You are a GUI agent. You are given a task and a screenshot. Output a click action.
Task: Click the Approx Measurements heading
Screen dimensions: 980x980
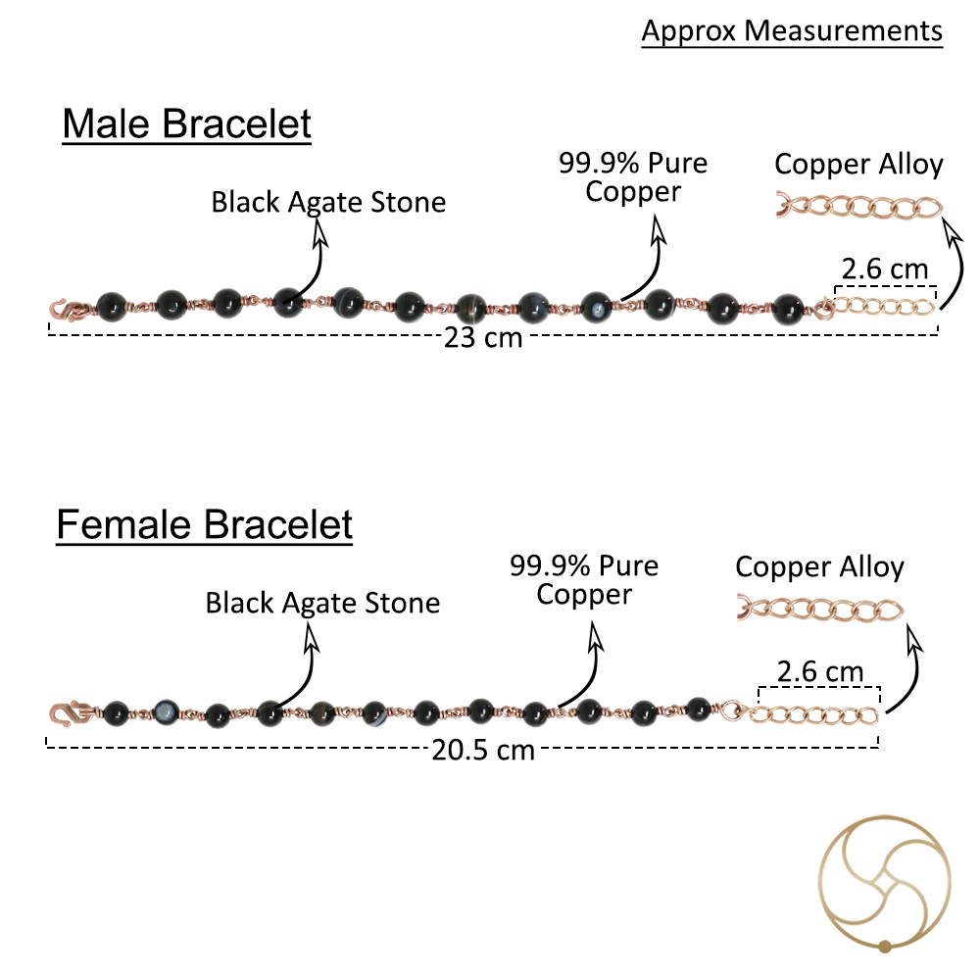point(792,31)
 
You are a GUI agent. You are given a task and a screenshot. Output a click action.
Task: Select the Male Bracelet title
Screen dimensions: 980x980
point(187,123)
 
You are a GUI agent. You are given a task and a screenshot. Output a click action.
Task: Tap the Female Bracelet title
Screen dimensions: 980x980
point(205,524)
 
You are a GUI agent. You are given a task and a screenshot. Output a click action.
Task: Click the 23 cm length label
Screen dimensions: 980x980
point(483,337)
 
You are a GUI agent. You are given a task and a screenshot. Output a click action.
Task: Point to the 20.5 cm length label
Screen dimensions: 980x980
point(483,750)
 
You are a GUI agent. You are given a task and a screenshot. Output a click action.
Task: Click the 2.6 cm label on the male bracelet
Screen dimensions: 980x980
point(885,269)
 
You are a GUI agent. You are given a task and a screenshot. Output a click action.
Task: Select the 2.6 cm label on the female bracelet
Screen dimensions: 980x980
point(820,672)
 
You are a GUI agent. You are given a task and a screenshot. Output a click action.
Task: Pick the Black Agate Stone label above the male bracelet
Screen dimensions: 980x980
point(328,202)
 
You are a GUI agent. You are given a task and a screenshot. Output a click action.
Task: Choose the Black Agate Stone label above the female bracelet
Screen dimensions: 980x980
point(322,603)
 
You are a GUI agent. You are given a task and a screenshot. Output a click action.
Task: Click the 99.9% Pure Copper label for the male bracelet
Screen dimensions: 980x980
point(633,176)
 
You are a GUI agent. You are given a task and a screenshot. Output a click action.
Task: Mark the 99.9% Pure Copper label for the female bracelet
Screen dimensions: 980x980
point(584,580)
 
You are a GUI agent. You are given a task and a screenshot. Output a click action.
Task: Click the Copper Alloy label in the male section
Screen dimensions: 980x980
point(858,165)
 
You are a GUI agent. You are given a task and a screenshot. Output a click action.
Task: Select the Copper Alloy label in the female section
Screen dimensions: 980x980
point(820,567)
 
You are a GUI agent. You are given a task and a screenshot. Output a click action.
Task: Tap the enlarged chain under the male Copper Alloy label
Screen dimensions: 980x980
point(859,207)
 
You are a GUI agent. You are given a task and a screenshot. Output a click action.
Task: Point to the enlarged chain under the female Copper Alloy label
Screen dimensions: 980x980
point(820,610)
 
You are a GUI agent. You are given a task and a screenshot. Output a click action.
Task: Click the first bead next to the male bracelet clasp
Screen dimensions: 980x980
point(112,307)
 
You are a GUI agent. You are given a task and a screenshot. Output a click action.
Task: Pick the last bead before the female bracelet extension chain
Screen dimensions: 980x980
point(698,710)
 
